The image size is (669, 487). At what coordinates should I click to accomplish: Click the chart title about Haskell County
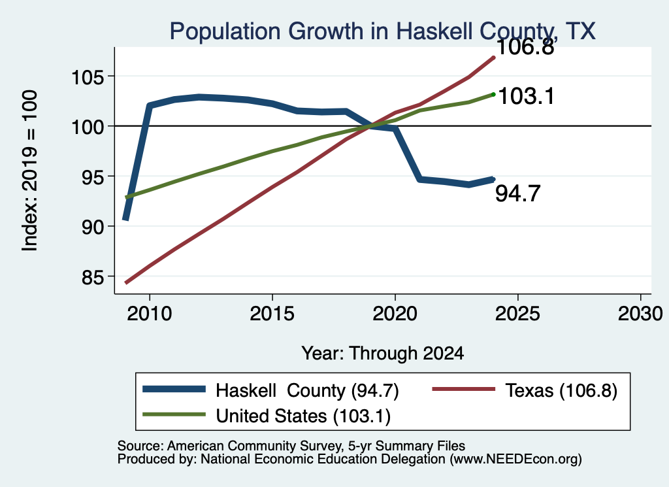point(382,31)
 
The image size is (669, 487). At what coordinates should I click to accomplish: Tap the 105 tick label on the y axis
point(88,78)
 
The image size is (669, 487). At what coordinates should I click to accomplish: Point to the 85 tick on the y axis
point(93,278)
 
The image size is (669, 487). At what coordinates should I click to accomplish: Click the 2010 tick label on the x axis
point(150,314)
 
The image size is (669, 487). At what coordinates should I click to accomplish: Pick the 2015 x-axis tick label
point(272,314)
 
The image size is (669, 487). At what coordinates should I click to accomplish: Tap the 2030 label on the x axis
point(640,314)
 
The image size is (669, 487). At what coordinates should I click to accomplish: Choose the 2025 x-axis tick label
point(517,314)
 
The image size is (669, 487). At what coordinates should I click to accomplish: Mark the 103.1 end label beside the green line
point(526,96)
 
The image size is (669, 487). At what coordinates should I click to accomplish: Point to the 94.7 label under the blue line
point(518,193)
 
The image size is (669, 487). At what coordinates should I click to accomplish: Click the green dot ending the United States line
point(494,94)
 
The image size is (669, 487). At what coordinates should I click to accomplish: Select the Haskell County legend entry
point(270,390)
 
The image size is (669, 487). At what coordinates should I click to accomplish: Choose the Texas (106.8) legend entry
point(525,390)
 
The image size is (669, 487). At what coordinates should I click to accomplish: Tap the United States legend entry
point(267,416)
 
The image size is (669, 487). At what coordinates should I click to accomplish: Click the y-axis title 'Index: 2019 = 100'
point(29,171)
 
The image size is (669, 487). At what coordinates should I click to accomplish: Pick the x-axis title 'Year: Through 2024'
point(383,354)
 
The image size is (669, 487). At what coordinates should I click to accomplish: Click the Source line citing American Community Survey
point(291,446)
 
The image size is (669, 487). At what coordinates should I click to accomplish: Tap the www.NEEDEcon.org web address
point(516,460)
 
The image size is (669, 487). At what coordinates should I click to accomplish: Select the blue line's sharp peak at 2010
point(150,105)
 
